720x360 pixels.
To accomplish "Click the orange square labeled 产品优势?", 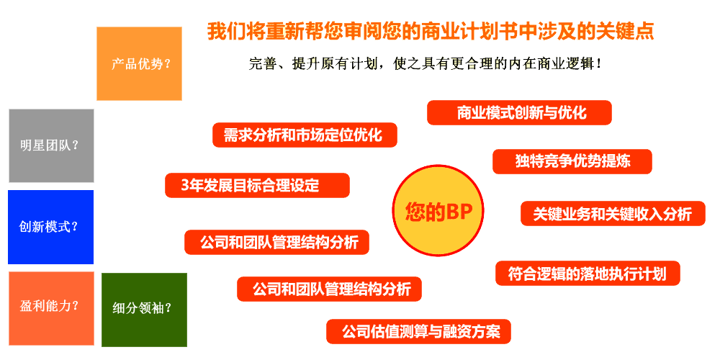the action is (x=139, y=63).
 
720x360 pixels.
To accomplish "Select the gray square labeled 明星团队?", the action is (x=51, y=145).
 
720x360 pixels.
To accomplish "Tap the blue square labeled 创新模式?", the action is (x=50, y=228).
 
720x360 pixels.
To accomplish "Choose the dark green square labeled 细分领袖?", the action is (x=144, y=310).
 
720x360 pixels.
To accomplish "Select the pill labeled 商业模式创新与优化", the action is (x=519, y=112).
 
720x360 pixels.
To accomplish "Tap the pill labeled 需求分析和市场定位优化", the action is (x=305, y=135).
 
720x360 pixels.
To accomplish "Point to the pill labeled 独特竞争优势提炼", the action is (x=572, y=161).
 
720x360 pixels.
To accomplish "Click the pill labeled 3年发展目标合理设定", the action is (x=257, y=186).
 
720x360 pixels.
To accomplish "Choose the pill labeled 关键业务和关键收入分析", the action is (x=613, y=214).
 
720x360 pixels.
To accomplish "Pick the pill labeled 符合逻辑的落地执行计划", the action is (x=588, y=273).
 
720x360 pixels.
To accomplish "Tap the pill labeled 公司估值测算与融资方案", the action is (x=418, y=331).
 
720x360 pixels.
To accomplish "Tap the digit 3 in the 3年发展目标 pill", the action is (x=185, y=186).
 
